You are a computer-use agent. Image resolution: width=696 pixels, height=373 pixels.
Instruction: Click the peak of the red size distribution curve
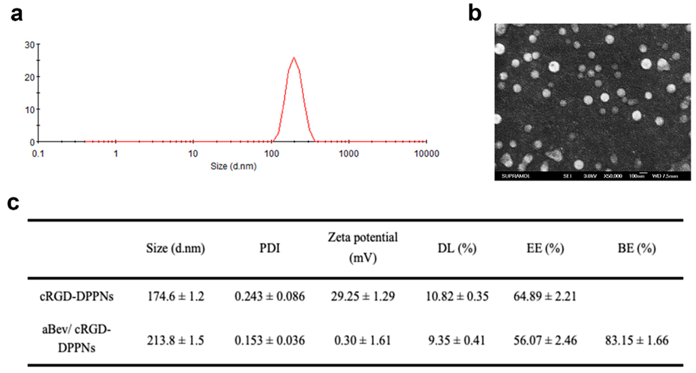[294, 58]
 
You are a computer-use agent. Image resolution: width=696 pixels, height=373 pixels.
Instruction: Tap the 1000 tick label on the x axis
[349, 154]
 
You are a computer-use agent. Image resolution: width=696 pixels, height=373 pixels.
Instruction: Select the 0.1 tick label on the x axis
[38, 154]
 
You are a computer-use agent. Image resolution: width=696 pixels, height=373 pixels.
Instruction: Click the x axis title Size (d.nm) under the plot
[233, 166]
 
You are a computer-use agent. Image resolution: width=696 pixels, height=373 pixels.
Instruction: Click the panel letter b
[475, 13]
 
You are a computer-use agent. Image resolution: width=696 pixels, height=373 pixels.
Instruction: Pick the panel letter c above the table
[13, 203]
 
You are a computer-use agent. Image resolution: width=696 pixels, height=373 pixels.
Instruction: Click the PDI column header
[270, 248]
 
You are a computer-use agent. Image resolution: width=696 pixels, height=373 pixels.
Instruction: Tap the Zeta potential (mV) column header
[363, 248]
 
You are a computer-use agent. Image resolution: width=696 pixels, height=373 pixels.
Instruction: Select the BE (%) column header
[637, 248]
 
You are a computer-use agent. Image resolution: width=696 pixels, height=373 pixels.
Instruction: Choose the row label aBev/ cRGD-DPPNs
[77, 339]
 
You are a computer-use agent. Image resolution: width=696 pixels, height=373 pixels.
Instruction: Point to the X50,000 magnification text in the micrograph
[613, 176]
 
